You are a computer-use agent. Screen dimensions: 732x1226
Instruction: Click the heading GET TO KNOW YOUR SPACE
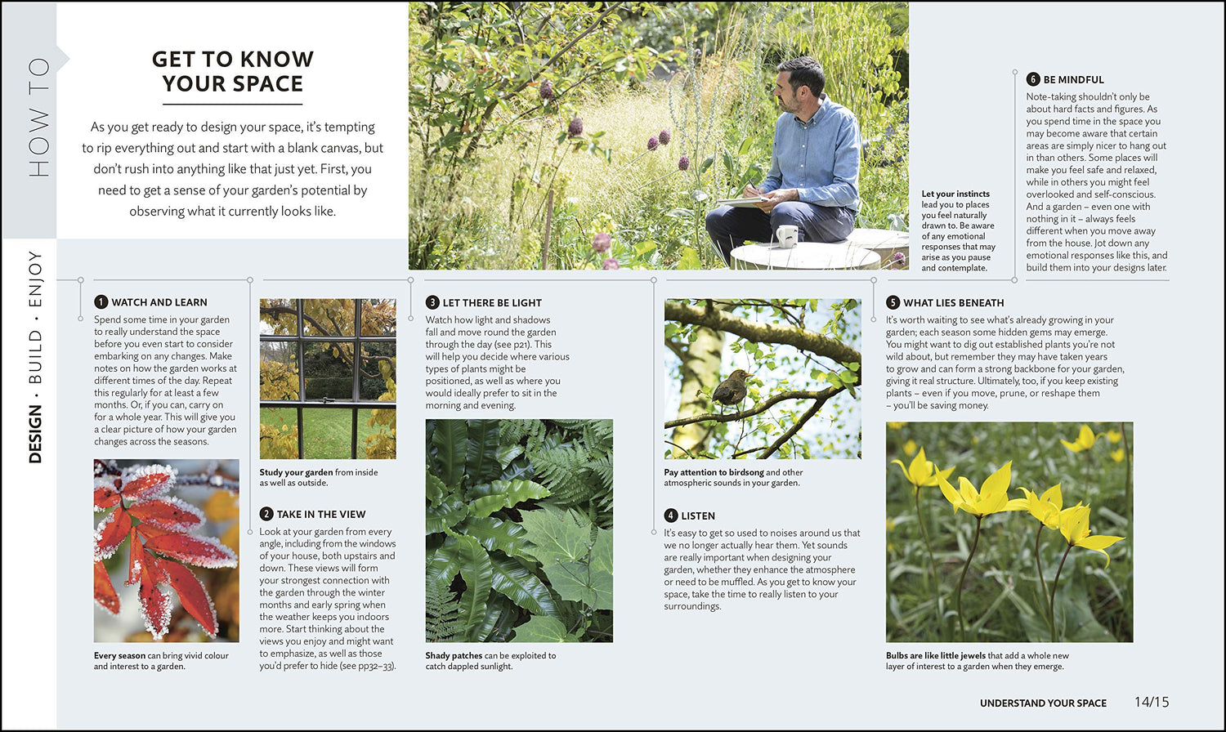[x=233, y=71]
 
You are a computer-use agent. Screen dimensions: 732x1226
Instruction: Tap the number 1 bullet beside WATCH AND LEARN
[x=101, y=302]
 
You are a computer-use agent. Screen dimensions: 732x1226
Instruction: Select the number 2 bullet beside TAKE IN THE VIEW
[x=266, y=514]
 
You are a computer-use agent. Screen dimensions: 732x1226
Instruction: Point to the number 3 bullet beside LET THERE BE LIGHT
[x=432, y=302]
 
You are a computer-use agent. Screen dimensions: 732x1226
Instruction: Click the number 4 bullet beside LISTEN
[x=671, y=516]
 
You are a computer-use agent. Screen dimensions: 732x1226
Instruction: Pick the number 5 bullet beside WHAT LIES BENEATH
[x=893, y=302]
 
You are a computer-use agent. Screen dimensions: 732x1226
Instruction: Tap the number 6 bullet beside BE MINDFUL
[x=1033, y=79]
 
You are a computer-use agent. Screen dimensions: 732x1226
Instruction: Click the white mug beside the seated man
[x=786, y=236]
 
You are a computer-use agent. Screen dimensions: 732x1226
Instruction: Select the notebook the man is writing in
[x=741, y=200]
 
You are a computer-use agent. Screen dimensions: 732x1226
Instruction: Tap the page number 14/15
[x=1152, y=702]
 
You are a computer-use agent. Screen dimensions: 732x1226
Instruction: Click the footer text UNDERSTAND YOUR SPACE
[x=1043, y=703]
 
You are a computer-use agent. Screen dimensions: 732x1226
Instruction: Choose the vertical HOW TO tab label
[x=38, y=118]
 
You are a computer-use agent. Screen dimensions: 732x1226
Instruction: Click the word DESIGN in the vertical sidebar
[x=35, y=435]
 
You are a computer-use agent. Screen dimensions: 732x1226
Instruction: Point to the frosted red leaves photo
[x=166, y=550]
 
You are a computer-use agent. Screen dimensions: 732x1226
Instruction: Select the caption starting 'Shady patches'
[x=490, y=661]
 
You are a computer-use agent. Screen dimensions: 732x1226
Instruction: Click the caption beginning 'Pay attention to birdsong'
[x=733, y=477]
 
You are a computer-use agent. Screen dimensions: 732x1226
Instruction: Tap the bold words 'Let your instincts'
[x=955, y=194]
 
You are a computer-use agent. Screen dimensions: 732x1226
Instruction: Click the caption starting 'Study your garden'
[x=319, y=477]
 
